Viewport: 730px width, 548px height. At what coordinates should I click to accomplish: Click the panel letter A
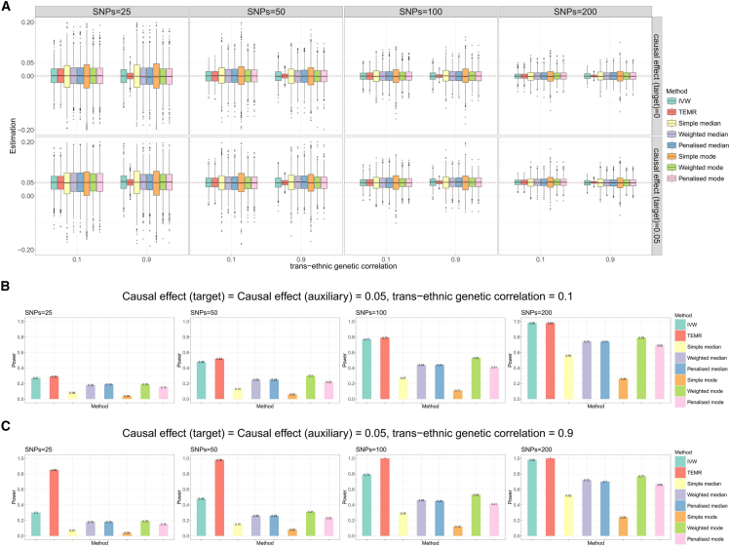coord(7,7)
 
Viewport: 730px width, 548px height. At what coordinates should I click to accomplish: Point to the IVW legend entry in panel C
coord(691,462)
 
